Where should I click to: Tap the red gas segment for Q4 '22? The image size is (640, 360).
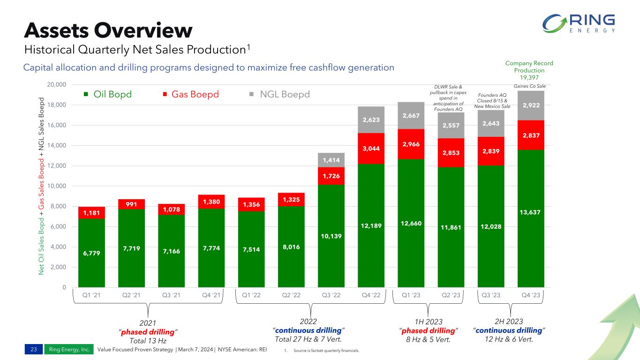pyautogui.click(x=371, y=148)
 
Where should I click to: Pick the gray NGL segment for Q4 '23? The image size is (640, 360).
pyautogui.click(x=531, y=105)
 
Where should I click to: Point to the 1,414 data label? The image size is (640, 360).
pyautogui.click(x=331, y=160)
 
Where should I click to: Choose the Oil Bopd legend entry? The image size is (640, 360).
pyautogui.click(x=107, y=94)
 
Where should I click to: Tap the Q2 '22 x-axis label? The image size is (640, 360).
pyautogui.click(x=291, y=295)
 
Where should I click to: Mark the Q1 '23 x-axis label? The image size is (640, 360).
pyautogui.click(x=411, y=295)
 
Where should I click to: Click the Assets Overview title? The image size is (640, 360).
pyautogui.click(x=108, y=30)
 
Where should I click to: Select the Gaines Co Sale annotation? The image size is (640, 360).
pyautogui.click(x=530, y=86)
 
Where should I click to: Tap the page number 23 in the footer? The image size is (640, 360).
pyautogui.click(x=33, y=349)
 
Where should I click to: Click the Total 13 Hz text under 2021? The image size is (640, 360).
pyautogui.click(x=148, y=340)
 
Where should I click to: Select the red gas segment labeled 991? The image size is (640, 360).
pyautogui.click(x=131, y=204)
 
